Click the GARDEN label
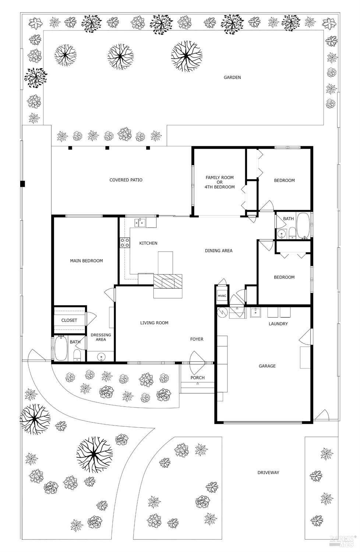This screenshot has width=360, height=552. pyautogui.click(x=232, y=77)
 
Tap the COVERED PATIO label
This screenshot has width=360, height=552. pyautogui.click(x=126, y=180)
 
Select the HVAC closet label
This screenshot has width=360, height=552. pyautogui.click(x=222, y=296)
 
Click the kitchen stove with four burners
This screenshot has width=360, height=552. pyautogui.click(x=124, y=242)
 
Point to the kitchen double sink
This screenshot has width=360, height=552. pyautogui.click(x=140, y=222)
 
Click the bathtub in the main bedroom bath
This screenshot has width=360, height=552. pyautogui.click(x=61, y=349)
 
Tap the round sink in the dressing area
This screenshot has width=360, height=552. pyautogui.click(x=101, y=356)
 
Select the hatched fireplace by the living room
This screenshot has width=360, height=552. pyautogui.click(x=168, y=282)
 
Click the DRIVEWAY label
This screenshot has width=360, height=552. pyautogui.click(x=268, y=472)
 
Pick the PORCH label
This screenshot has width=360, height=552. pyautogui.click(x=198, y=377)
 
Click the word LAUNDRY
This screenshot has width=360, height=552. pyautogui.click(x=278, y=324)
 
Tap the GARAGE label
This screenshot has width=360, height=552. pyautogui.click(x=267, y=366)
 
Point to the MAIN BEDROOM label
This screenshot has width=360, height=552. pyautogui.click(x=87, y=261)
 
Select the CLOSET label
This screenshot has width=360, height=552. pyautogui.click(x=69, y=320)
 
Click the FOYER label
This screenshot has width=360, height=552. pyautogui.click(x=197, y=339)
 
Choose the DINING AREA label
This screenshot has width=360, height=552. pyautogui.click(x=219, y=251)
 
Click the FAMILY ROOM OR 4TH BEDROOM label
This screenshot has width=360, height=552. pyautogui.click(x=219, y=182)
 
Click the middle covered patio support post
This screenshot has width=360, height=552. pyautogui.click(x=107, y=148)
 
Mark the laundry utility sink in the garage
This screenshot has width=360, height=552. pyautogui.click(x=255, y=313)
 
